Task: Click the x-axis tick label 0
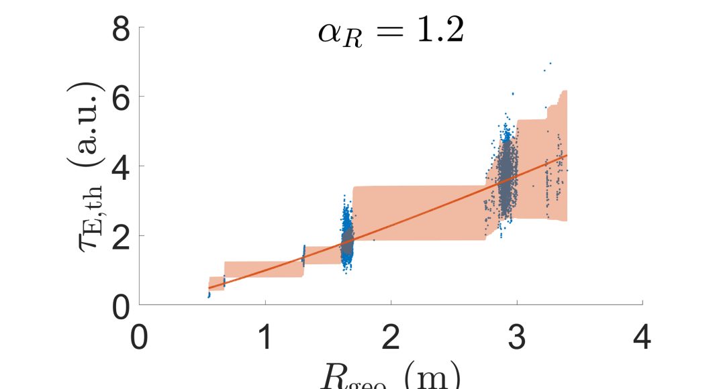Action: pos(140,337)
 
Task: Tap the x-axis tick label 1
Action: pos(265,337)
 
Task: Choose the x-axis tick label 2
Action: pos(391,337)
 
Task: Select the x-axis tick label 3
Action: pos(517,337)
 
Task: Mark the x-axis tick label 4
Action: pos(642,337)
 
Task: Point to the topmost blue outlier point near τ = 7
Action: pos(550,64)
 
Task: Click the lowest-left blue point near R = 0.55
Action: pos(209,295)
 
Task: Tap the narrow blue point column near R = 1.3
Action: pos(303,256)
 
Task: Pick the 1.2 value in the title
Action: pos(438,32)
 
